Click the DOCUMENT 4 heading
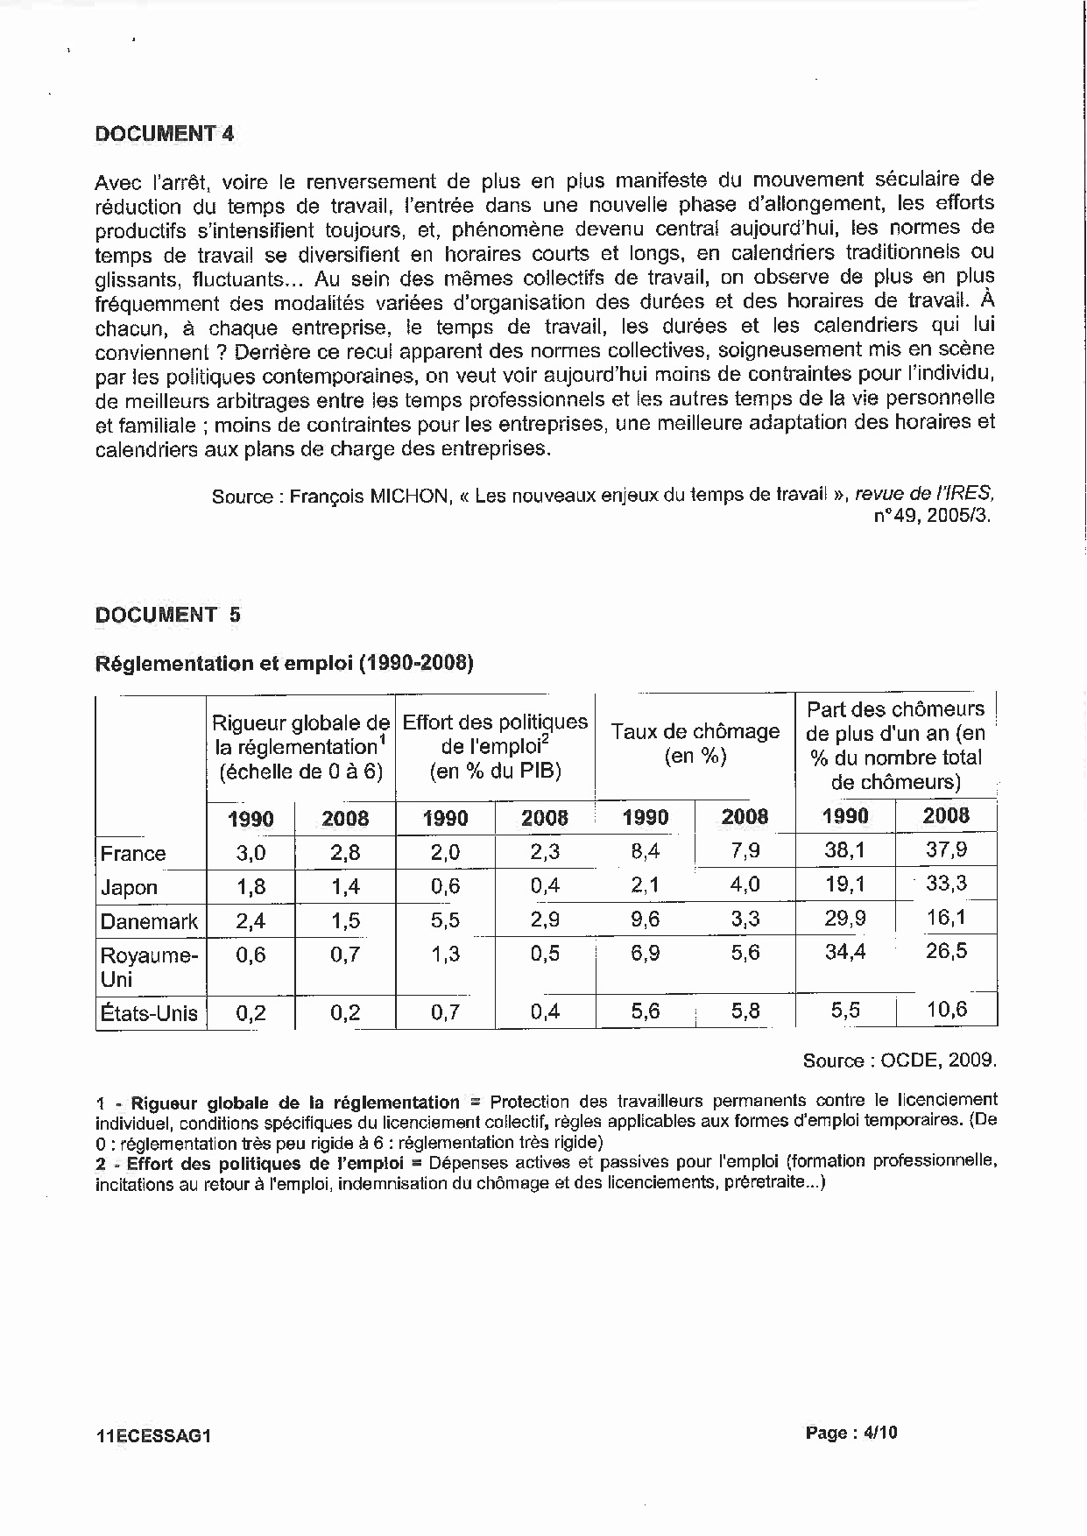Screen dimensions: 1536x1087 pos(165,133)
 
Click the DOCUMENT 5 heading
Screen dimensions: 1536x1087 pos(167,615)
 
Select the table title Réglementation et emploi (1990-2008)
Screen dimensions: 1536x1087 pos(284,663)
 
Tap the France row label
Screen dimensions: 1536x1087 pos(133,853)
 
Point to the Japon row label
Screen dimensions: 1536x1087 pos(129,887)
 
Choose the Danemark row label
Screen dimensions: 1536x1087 pos(149,921)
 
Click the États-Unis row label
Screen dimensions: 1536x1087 pos(149,1013)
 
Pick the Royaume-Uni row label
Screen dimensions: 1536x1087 pos(149,966)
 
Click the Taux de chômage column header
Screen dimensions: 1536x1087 pos(695,743)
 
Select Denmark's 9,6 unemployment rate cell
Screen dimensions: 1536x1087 pos(646,919)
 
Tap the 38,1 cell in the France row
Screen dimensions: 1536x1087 pos(845,849)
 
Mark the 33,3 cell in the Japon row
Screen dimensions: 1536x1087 pos(947,883)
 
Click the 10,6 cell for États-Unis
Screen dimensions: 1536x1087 pos(947,1010)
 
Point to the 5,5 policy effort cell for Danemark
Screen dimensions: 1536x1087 pos(445,920)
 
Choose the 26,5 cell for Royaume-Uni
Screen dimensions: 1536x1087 pos(947,951)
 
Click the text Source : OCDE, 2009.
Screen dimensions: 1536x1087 pos(900,1060)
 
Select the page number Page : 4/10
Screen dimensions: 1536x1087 pos(851,1433)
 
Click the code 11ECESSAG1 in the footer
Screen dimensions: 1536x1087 pos(154,1436)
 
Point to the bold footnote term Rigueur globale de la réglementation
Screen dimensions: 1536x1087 pos(295,1103)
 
